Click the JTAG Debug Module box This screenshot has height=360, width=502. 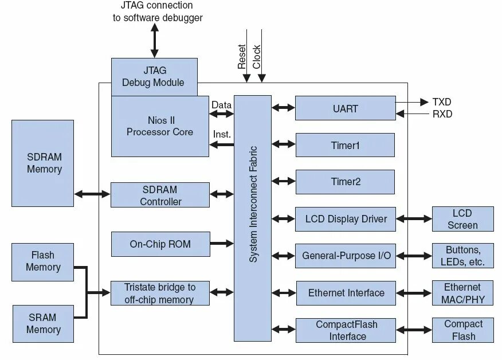point(154,77)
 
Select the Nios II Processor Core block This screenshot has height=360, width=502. point(160,126)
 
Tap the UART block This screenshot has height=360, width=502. point(346,108)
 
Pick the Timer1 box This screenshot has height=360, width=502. point(345,145)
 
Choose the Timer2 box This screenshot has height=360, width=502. point(345,182)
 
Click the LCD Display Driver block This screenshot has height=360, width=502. point(346,219)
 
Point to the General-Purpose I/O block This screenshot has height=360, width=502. point(346,256)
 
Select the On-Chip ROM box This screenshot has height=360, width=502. point(160,244)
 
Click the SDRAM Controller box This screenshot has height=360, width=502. point(160,195)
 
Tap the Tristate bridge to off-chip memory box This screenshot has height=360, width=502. point(160,293)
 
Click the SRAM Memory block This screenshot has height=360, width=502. point(43,324)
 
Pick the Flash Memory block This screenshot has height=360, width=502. point(42,262)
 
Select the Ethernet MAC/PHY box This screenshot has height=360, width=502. point(462,293)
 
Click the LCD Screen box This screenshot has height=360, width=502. point(463,219)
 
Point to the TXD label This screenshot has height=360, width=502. point(442,102)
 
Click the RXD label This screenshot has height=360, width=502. point(442,114)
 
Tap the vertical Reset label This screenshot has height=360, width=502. point(242,57)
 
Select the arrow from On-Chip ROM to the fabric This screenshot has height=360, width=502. point(222,244)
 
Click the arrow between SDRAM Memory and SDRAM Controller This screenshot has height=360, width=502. point(92,194)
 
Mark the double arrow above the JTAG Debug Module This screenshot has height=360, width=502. point(155,41)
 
